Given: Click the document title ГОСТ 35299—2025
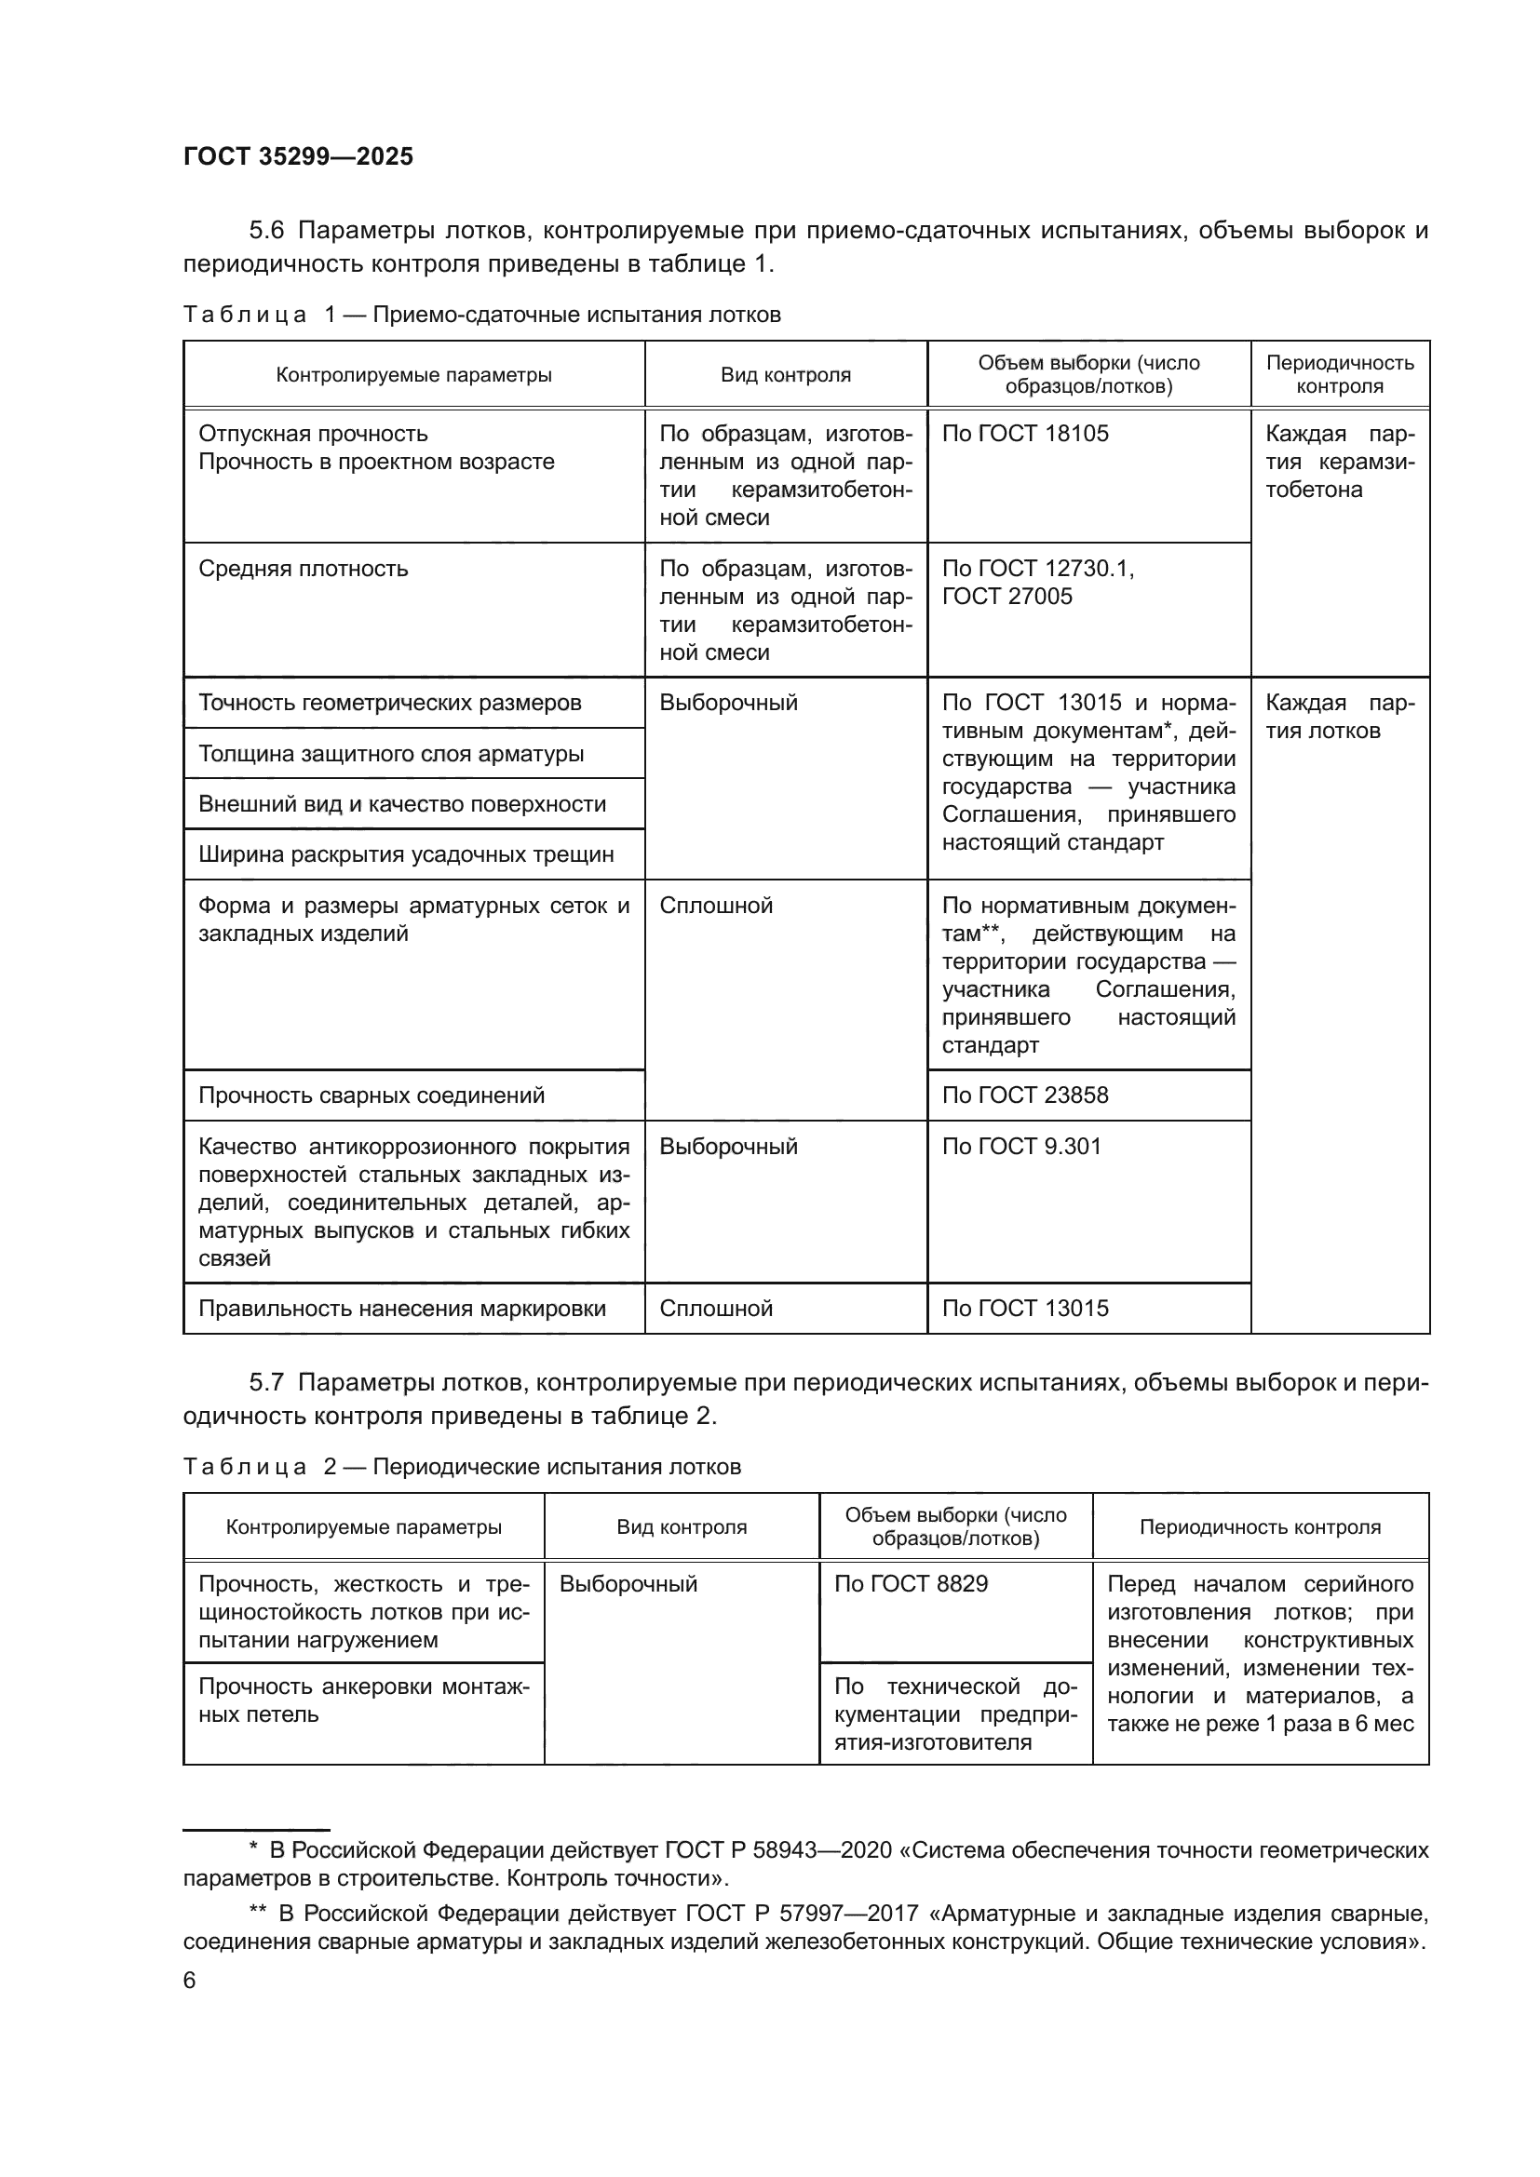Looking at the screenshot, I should [x=298, y=157].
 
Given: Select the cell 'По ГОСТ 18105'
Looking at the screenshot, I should [x=1024, y=435].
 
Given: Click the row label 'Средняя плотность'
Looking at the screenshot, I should [x=303, y=569].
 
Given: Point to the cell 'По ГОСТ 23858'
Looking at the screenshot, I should [x=1024, y=1095].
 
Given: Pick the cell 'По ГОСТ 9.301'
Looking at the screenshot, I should [x=1021, y=1147].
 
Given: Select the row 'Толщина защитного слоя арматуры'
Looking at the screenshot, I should [x=391, y=754].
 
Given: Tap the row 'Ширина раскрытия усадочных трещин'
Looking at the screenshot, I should [x=406, y=854].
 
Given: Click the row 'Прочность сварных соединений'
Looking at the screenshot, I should [x=371, y=1095].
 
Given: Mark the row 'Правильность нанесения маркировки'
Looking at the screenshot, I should [x=402, y=1309].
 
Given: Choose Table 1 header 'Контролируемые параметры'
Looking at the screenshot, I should [x=413, y=375].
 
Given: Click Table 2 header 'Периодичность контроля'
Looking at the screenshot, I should [x=1260, y=1527].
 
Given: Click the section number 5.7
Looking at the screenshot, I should [x=266, y=1382].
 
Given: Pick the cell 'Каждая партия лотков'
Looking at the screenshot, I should [x=1338, y=717].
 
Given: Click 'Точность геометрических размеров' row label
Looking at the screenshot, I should [x=390, y=704].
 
